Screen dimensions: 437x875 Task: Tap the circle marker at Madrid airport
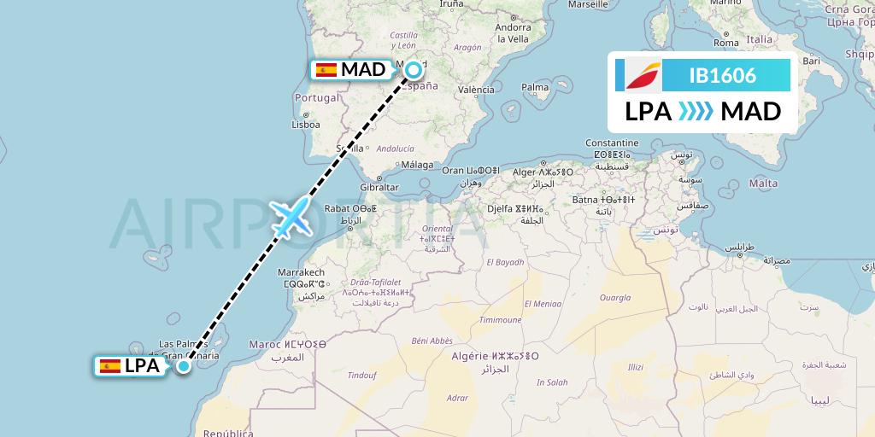pyautogui.click(x=414, y=70)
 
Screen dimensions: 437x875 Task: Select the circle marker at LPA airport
pyautogui.click(x=183, y=366)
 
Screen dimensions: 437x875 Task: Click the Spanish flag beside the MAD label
pyautogui.click(x=326, y=70)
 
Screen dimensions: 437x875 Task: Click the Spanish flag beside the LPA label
pyautogui.click(x=109, y=366)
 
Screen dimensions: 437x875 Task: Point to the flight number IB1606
pyautogui.click(x=722, y=75)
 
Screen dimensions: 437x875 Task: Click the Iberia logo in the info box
pyautogui.click(x=639, y=75)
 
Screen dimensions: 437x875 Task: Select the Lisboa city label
pyautogui.click(x=305, y=124)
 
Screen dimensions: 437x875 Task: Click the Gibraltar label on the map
pyautogui.click(x=380, y=187)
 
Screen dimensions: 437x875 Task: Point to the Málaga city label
pyautogui.click(x=418, y=165)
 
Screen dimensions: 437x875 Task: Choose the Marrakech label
pyautogui.click(x=300, y=271)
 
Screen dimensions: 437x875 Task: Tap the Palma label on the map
pyautogui.click(x=535, y=87)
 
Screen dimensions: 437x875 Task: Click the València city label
pyautogui.click(x=477, y=90)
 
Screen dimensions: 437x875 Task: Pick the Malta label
pyautogui.click(x=763, y=184)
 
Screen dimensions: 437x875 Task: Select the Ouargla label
pyautogui.click(x=614, y=299)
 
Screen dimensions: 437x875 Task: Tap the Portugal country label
pyautogui.click(x=317, y=97)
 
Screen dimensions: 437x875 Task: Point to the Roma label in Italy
pyautogui.click(x=725, y=43)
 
